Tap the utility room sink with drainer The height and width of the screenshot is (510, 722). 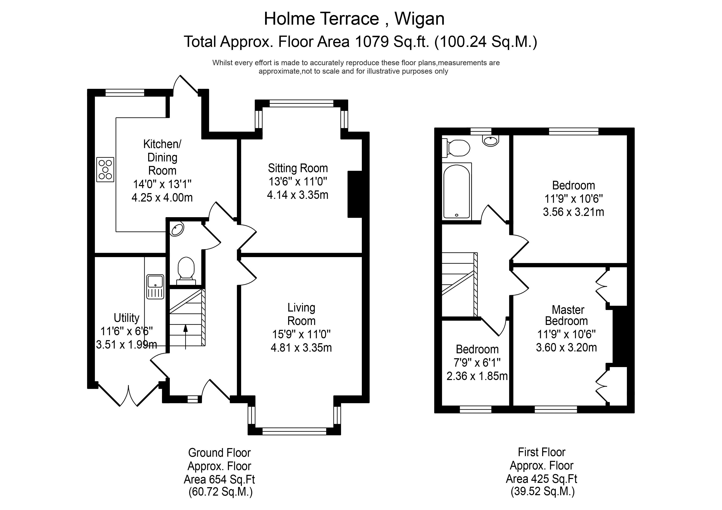pos(155,287)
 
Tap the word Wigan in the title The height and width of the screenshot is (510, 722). pos(419,19)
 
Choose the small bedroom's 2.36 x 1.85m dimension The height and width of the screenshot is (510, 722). pos(477,376)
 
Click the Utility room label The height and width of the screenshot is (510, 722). pos(126,318)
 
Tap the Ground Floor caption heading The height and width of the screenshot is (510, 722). pos(219,453)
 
